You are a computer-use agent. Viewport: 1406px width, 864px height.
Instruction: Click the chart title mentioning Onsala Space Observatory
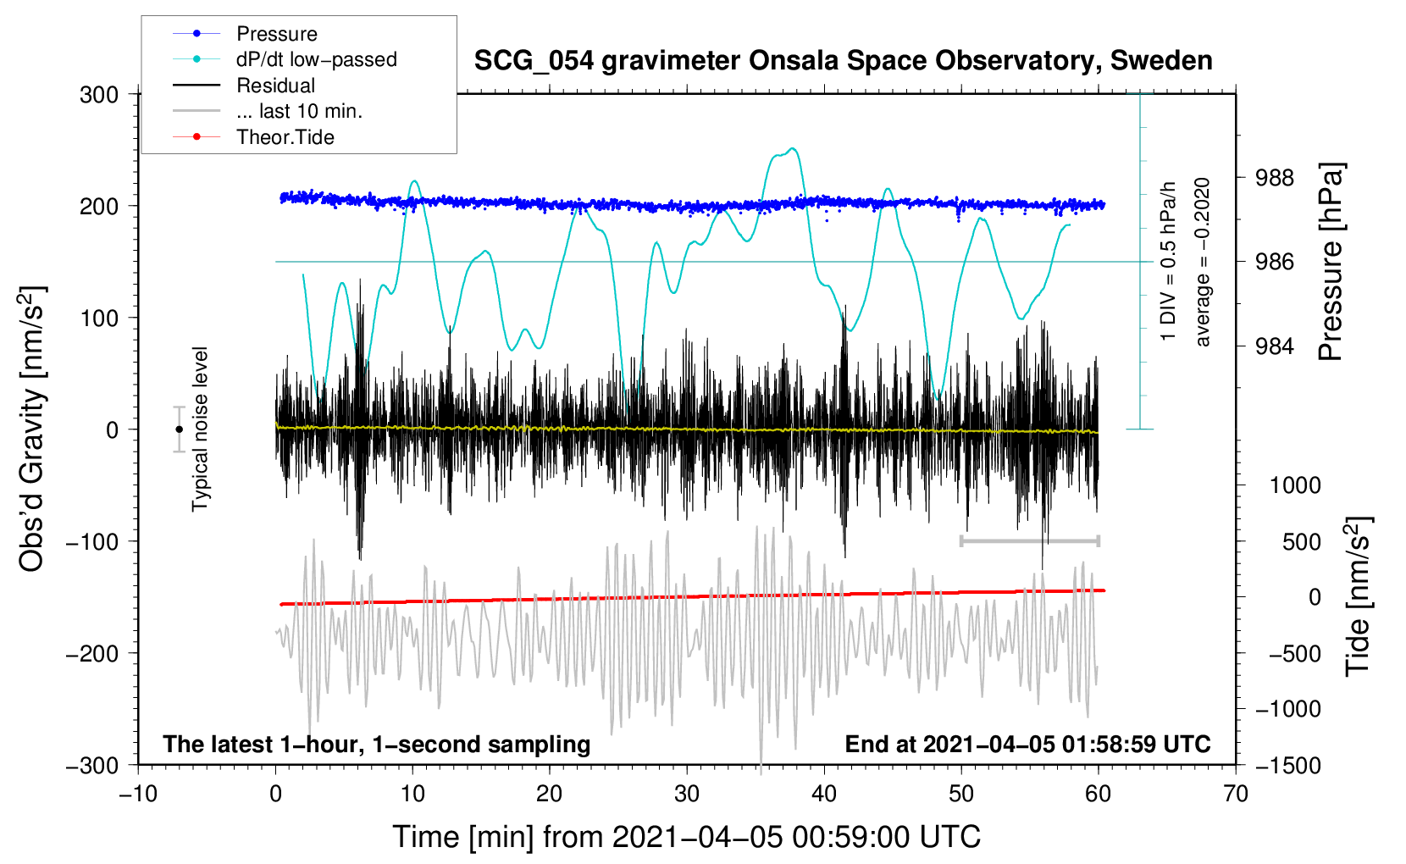coord(843,61)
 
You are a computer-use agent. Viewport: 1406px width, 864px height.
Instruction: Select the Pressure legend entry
coord(276,34)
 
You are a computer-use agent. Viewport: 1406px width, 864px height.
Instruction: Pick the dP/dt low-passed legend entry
coord(316,59)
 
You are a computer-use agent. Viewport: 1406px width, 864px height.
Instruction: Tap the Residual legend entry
coord(275,86)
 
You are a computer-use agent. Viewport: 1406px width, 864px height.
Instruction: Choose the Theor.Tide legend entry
coord(285,137)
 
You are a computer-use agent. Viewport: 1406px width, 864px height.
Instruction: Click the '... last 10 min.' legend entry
coord(299,111)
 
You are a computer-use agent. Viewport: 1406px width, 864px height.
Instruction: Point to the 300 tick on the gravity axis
coord(99,95)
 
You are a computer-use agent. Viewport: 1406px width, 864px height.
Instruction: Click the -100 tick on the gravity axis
coord(92,541)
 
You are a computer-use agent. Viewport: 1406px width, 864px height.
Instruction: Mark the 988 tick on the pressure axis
coord(1275,178)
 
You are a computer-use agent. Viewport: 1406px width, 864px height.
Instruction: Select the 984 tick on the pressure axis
coord(1275,346)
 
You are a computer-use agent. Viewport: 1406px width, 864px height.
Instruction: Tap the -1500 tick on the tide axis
coord(1287,765)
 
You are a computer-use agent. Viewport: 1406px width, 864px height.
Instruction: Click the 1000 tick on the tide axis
coord(1294,485)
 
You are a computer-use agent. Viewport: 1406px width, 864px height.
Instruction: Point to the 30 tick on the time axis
coord(687,794)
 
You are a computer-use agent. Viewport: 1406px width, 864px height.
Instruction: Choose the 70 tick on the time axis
coord(1235,794)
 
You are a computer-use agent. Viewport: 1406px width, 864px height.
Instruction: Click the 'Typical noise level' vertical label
coord(200,429)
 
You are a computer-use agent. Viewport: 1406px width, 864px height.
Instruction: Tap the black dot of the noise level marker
coord(179,429)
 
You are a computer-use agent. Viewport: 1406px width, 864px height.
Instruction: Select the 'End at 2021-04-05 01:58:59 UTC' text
coord(1027,745)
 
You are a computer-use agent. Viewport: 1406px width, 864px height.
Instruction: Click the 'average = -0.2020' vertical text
coord(1203,262)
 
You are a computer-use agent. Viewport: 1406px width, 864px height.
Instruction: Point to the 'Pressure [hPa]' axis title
coord(1331,262)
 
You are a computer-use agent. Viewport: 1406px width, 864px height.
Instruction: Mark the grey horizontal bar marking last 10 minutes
coord(1029,540)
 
